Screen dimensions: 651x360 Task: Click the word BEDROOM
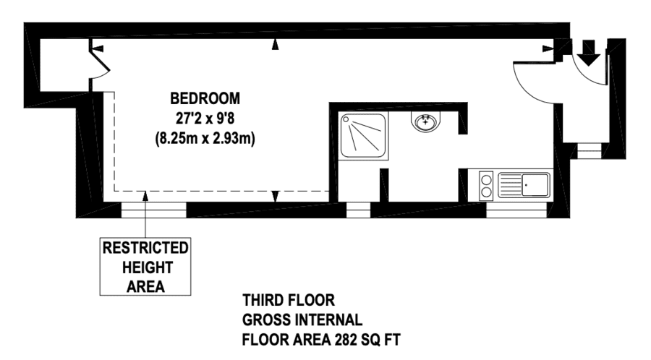tap(205, 99)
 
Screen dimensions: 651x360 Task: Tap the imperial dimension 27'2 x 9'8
tap(205, 119)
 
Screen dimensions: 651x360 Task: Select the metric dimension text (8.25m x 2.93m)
tap(205, 138)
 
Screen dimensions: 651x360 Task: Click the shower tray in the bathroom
tap(363, 136)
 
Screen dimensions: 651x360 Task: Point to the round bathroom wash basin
tap(425, 122)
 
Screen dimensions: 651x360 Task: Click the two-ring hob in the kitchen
tap(486, 186)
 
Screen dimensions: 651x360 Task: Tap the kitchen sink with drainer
tap(524, 185)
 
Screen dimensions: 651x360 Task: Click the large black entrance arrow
tap(589, 53)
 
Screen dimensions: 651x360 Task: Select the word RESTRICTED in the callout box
tap(145, 248)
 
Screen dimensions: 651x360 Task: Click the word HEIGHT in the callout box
tap(147, 267)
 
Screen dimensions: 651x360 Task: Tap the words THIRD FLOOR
tap(289, 300)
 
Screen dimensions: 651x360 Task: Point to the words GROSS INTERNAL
tap(302, 320)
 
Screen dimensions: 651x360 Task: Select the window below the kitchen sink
tap(516, 210)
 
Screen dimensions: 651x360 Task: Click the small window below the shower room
tap(358, 210)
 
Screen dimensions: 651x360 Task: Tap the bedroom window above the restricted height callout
tap(153, 210)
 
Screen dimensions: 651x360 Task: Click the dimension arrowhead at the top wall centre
tap(275, 44)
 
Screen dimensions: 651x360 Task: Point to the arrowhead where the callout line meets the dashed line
tap(145, 196)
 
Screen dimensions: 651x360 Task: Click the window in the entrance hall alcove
tap(589, 151)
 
